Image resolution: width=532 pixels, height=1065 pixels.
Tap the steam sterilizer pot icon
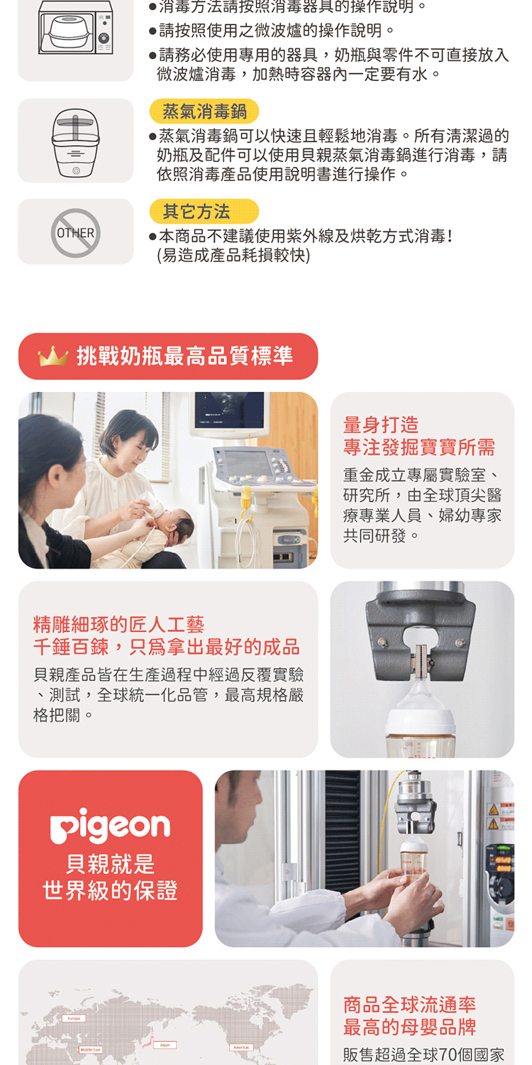point(75,141)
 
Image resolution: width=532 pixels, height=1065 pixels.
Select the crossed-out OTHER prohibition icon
point(75,232)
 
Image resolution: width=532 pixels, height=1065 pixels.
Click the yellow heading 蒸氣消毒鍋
point(204,111)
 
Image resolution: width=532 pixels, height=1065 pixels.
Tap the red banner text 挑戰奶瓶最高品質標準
point(184,356)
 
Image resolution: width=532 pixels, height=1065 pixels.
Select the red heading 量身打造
point(381,425)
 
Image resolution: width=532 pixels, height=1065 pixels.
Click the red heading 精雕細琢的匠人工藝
point(118,625)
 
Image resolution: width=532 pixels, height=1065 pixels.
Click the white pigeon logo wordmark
point(110,825)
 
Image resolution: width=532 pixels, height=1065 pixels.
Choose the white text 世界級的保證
point(110,890)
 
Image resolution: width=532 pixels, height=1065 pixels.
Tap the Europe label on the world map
point(74,1018)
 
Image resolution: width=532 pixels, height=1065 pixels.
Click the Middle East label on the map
point(91,1049)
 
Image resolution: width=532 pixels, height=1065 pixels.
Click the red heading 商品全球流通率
point(409,1005)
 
